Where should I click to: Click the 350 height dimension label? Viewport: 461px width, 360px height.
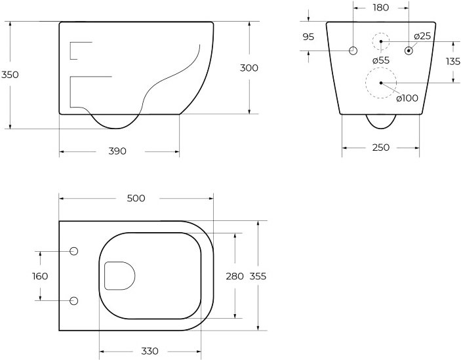pyautogui.click(x=10, y=75)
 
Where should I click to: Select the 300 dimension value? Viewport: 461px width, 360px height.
pyautogui.click(x=249, y=68)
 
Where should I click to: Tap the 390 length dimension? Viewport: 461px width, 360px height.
pyautogui.click(x=117, y=151)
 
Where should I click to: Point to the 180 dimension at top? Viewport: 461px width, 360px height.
pyautogui.click(x=381, y=8)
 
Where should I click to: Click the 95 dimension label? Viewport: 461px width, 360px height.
pyautogui.click(x=308, y=37)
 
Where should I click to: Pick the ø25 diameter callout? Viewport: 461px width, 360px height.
pyautogui.click(x=422, y=36)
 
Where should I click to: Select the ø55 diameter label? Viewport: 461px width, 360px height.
pyautogui.click(x=381, y=60)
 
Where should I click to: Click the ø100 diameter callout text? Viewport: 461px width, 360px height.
pyautogui.click(x=407, y=98)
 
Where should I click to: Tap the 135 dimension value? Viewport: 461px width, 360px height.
pyautogui.click(x=452, y=62)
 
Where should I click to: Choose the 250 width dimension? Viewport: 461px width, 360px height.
pyautogui.click(x=381, y=148)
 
